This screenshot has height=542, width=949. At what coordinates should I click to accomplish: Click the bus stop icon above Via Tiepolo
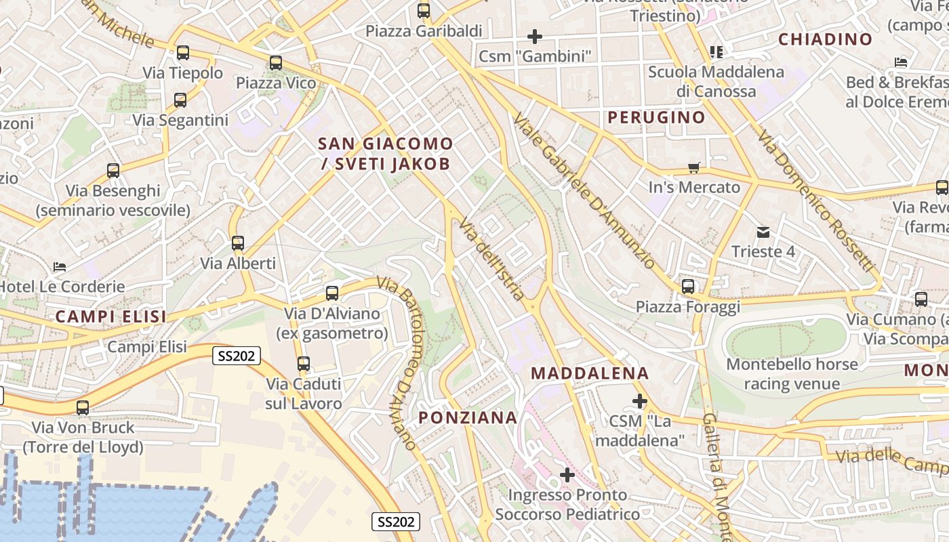tap(182, 53)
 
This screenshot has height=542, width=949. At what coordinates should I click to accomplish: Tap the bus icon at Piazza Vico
tap(275, 63)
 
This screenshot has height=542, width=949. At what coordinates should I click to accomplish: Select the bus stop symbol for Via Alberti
tap(237, 243)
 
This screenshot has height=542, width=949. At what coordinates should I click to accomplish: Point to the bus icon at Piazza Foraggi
tap(688, 287)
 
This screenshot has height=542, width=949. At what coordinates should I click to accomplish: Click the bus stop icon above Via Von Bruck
tap(83, 408)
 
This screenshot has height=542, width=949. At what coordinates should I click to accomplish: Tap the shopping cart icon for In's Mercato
tap(693, 167)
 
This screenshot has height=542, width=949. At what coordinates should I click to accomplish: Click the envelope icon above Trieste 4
tap(763, 232)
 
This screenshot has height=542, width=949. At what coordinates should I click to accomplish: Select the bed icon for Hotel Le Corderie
tap(60, 267)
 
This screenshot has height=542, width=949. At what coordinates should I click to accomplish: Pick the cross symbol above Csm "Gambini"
tap(535, 36)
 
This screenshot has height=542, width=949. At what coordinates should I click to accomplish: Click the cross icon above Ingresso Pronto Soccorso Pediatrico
tap(567, 475)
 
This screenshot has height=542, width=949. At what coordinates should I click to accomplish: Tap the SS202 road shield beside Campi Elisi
tap(237, 356)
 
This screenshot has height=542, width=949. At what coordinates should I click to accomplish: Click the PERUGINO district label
tap(656, 117)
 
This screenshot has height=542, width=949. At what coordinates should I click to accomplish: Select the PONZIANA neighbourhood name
tap(468, 417)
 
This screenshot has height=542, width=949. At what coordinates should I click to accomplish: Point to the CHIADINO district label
tap(825, 39)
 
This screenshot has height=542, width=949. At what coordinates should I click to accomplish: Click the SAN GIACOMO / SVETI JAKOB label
tap(385, 153)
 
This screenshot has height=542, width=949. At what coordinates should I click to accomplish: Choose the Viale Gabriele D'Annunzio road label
tap(584, 189)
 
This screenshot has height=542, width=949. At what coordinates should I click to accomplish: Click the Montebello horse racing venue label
tap(792, 374)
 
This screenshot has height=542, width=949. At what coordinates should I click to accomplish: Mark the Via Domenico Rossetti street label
tap(816, 201)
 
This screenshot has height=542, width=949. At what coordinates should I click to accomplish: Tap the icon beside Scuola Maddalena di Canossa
tap(716, 51)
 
